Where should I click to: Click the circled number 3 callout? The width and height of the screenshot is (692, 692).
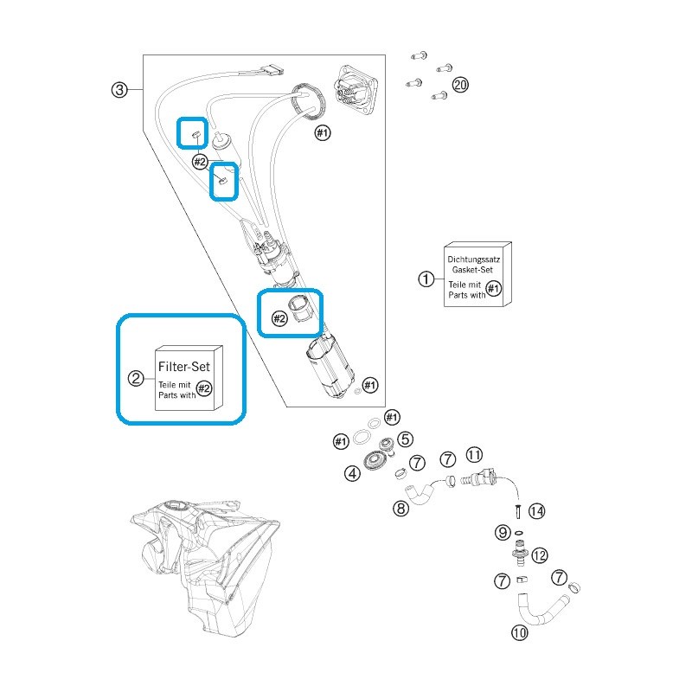[x=119, y=90]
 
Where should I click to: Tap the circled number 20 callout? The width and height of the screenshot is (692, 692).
[x=460, y=84]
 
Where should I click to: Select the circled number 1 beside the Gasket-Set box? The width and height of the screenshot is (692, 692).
[x=426, y=279]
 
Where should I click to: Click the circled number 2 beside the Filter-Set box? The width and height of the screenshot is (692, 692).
[x=136, y=378]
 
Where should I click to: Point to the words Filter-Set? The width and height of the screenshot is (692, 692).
[x=184, y=366]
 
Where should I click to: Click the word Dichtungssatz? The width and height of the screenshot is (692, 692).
[x=473, y=259]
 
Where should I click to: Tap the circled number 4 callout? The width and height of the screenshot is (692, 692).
[x=352, y=473]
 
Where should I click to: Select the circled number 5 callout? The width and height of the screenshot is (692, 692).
[x=405, y=439]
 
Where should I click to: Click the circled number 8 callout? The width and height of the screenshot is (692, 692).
[x=400, y=509]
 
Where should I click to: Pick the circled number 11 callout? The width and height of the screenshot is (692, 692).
[x=474, y=455]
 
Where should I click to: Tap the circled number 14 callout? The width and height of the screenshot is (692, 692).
[x=536, y=511]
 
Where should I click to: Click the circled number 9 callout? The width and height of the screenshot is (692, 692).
[x=503, y=532]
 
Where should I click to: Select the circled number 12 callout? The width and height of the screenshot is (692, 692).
[x=539, y=555]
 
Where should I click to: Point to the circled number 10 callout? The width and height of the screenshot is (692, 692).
[x=520, y=633]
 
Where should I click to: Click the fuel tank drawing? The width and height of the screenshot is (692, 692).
[x=205, y=568]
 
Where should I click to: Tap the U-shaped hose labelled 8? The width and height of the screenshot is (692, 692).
[x=420, y=494]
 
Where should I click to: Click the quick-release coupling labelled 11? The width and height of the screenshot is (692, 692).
[x=479, y=478]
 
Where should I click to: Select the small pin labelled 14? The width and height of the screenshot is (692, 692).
[x=518, y=512]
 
